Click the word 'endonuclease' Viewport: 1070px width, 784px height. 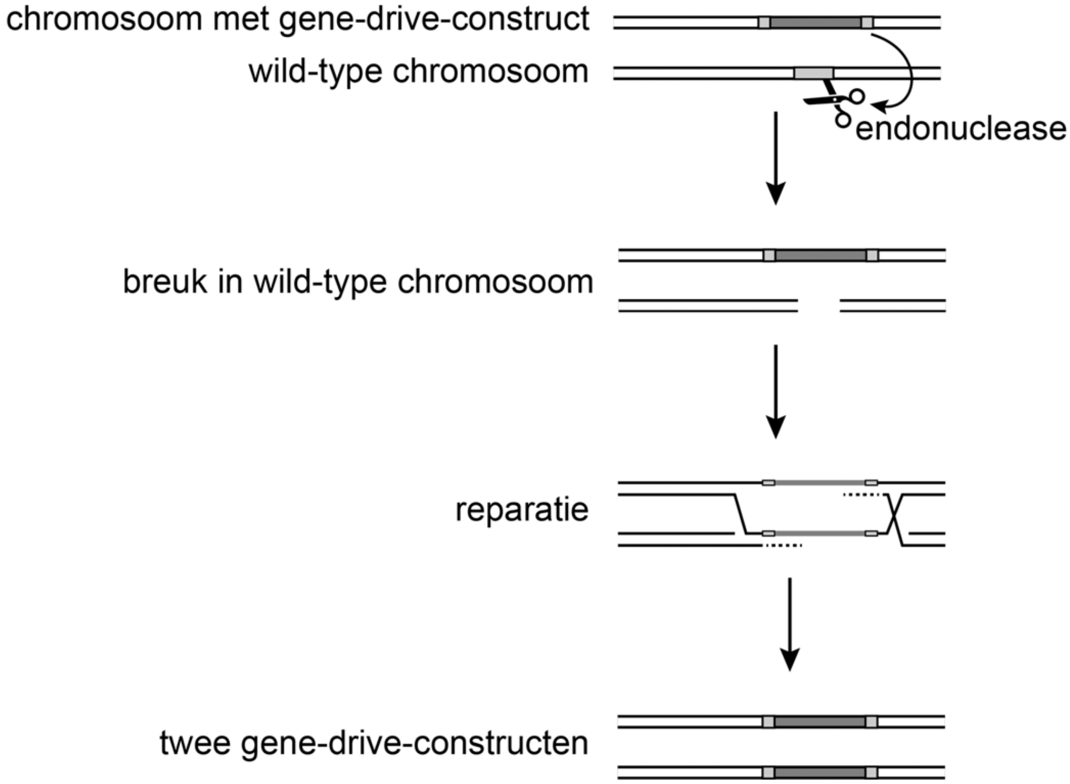tap(961, 129)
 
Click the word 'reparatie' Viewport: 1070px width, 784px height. tap(522, 510)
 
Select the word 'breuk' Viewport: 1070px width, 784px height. tap(165, 282)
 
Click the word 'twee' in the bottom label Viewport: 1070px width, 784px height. tap(194, 744)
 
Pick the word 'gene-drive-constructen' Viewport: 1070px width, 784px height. tap(414, 744)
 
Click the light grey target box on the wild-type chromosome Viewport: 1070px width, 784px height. tap(814, 73)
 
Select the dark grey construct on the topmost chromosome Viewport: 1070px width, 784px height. tap(815, 22)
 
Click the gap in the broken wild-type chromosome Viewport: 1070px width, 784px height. tap(818, 306)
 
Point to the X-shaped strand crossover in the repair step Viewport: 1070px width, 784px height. tap(894, 520)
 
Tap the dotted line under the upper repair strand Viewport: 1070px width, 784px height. tap(861, 494)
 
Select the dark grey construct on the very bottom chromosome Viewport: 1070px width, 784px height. tap(819, 773)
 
